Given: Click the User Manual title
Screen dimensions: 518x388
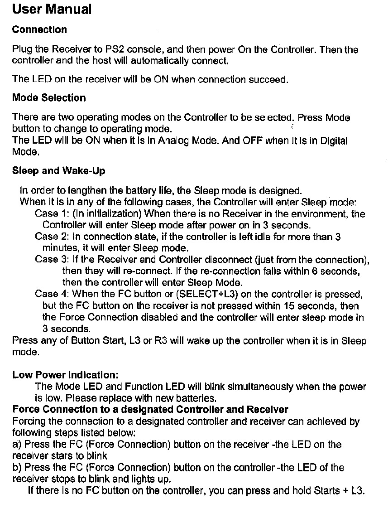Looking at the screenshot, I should pos(52,9).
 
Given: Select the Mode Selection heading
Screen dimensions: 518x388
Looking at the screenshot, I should pos(49,98).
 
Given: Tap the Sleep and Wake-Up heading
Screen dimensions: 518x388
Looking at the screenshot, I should pos(58,171).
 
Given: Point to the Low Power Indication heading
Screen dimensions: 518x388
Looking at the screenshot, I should pos(66,375).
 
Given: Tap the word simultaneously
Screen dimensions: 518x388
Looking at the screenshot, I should pos(266,387).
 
